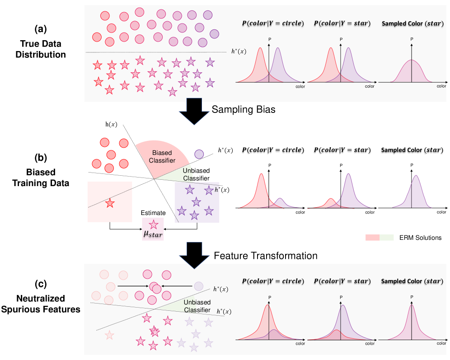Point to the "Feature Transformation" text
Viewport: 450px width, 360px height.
pyautogui.click(x=266, y=255)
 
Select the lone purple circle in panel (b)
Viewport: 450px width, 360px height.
pyautogui.click(x=198, y=154)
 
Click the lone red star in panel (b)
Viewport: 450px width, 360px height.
pyautogui.click(x=109, y=203)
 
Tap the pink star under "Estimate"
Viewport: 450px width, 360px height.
pyautogui.click(x=154, y=224)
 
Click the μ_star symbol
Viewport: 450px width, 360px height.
pyautogui.click(x=153, y=234)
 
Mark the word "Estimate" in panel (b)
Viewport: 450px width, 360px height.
pyautogui.click(x=153, y=212)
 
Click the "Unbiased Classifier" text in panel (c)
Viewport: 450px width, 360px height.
pyautogui.click(x=197, y=306)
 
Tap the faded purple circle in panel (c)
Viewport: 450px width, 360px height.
pyautogui.click(x=198, y=285)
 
